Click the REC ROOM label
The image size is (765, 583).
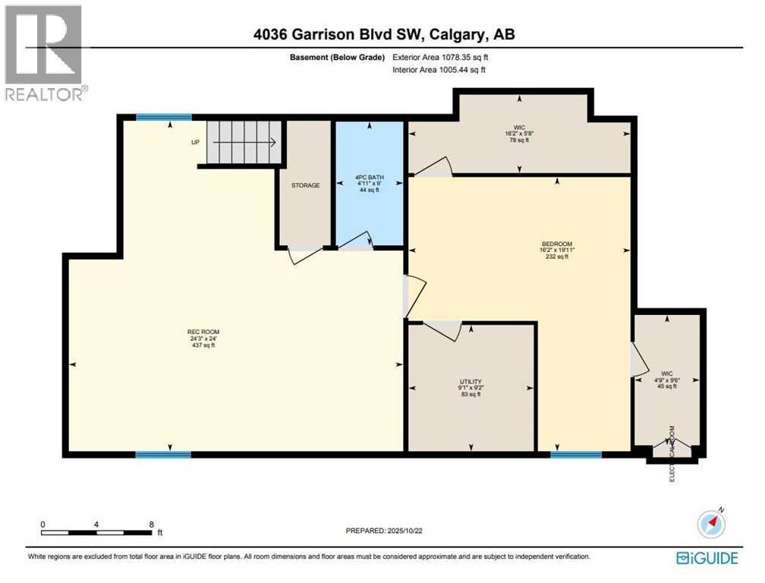[x=203, y=332]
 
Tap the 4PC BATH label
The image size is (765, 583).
[x=369, y=179]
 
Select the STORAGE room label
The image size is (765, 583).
[x=305, y=185]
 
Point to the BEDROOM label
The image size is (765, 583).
[x=556, y=244]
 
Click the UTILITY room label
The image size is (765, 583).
[x=471, y=382]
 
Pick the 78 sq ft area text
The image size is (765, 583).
[x=520, y=141]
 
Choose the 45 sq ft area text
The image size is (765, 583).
[x=667, y=386]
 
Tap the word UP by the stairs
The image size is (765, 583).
[x=195, y=143]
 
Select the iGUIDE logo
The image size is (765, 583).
[x=707, y=558]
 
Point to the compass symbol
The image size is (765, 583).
[x=712, y=524]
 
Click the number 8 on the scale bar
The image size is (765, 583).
[x=152, y=525]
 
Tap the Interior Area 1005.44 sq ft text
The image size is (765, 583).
[x=439, y=70]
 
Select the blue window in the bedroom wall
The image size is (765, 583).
[x=576, y=455]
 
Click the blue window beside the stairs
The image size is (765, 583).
[x=164, y=117]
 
